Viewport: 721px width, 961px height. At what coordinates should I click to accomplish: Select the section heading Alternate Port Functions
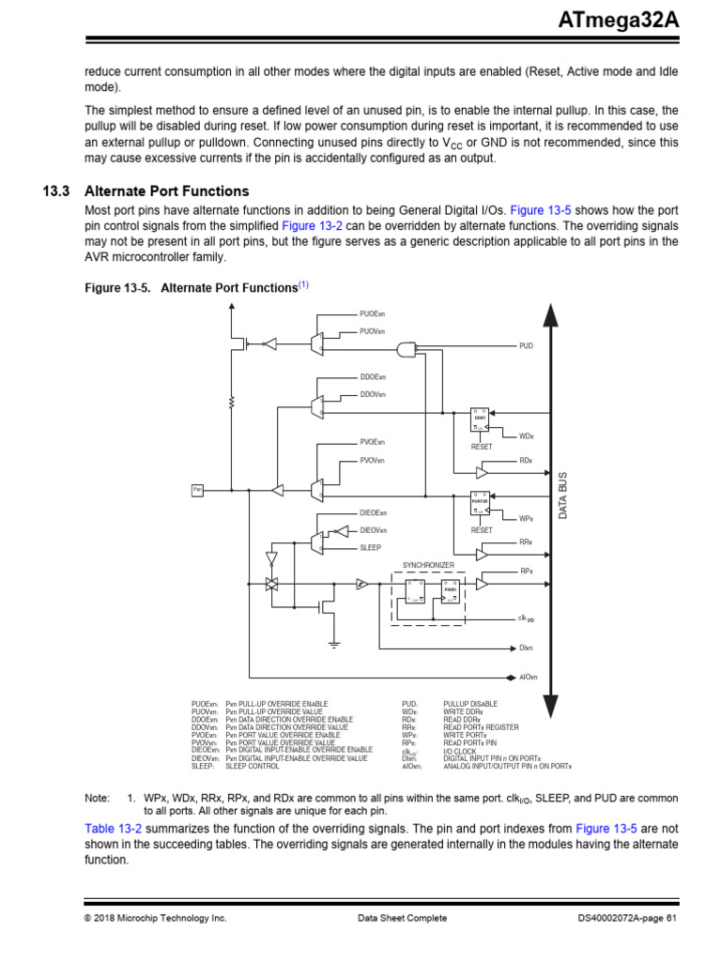click(x=167, y=191)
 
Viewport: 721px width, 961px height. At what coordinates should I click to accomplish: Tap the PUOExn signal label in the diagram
click(x=373, y=313)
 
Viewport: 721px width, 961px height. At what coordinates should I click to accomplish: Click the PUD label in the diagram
click(x=526, y=346)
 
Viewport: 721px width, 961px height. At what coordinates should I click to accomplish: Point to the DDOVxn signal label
click(x=373, y=394)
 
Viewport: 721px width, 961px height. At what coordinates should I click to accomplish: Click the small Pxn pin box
click(x=198, y=489)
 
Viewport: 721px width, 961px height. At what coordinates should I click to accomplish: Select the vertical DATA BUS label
click(x=563, y=496)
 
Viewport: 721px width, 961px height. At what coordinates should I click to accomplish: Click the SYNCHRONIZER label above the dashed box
click(x=428, y=565)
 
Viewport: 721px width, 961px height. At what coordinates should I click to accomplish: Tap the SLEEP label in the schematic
click(x=371, y=547)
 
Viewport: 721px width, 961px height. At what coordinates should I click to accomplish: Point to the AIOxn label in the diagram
click(x=529, y=677)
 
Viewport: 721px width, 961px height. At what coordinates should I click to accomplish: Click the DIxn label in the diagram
click(x=526, y=648)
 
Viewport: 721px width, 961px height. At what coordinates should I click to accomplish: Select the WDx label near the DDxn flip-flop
click(x=526, y=436)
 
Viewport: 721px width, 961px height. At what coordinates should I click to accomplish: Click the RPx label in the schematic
click(x=527, y=571)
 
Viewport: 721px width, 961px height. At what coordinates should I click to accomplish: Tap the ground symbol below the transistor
click(x=333, y=644)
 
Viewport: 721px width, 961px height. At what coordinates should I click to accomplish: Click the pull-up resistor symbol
click(x=231, y=403)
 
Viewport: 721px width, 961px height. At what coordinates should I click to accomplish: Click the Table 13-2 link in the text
click(x=111, y=829)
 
